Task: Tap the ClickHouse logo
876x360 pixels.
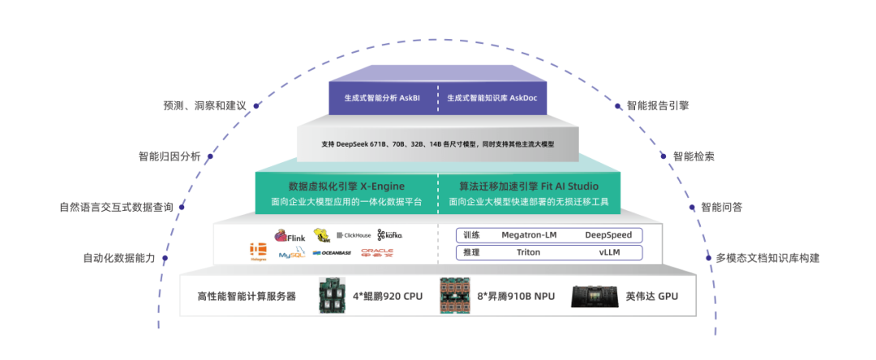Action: (x=353, y=235)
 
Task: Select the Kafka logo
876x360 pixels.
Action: (x=390, y=234)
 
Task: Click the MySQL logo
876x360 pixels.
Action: (x=291, y=254)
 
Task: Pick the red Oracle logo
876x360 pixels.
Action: (x=377, y=253)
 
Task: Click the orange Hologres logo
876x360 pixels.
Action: (x=258, y=251)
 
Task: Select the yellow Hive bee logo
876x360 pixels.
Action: (x=322, y=235)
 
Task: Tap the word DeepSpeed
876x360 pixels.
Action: (x=608, y=235)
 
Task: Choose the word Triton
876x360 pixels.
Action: (x=528, y=252)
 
